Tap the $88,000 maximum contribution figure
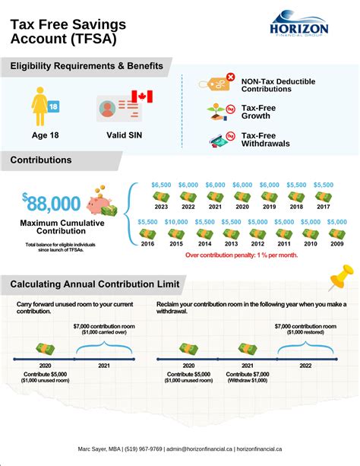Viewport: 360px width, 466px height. (x=51, y=203)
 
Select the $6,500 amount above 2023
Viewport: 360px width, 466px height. (x=161, y=185)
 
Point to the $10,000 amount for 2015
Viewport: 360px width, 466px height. (x=175, y=221)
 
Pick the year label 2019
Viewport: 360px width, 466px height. (x=270, y=207)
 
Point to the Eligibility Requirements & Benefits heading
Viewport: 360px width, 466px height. (x=87, y=66)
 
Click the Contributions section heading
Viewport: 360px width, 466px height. (x=42, y=160)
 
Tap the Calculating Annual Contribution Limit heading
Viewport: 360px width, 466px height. (x=95, y=284)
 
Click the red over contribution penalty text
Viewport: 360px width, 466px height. (x=242, y=255)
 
